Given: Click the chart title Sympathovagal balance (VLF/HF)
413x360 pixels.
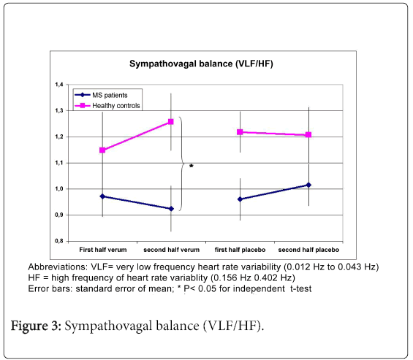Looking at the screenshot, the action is point(201,64).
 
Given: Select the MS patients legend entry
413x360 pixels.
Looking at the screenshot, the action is point(102,95).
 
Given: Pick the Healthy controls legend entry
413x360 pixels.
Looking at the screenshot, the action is point(107,106).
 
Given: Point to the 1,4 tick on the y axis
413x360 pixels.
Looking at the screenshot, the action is point(59,85).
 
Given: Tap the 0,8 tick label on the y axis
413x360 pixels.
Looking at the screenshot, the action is point(59,241).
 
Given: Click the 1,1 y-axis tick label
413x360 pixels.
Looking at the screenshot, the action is point(59,163).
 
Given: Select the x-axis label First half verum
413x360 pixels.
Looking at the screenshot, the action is point(103,250).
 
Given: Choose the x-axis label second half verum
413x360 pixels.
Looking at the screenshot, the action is point(172,250).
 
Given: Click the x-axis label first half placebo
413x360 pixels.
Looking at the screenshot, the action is point(240,250).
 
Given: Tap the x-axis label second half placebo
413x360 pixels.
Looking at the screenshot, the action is point(308,250).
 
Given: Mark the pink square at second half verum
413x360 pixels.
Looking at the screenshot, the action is point(171,121).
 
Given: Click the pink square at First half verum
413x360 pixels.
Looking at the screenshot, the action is point(102,150).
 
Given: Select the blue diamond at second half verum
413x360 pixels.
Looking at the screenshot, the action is point(171,209).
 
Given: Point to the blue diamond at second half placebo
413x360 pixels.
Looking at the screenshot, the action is point(308,185).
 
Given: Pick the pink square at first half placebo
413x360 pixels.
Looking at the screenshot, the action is point(240,132).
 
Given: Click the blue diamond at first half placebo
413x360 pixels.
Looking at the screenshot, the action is point(240,199).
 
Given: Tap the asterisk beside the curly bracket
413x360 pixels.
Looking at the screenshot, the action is point(192,166).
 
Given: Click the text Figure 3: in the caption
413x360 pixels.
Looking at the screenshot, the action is point(36,326).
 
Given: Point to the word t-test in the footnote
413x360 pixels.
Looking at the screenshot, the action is point(300,288).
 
